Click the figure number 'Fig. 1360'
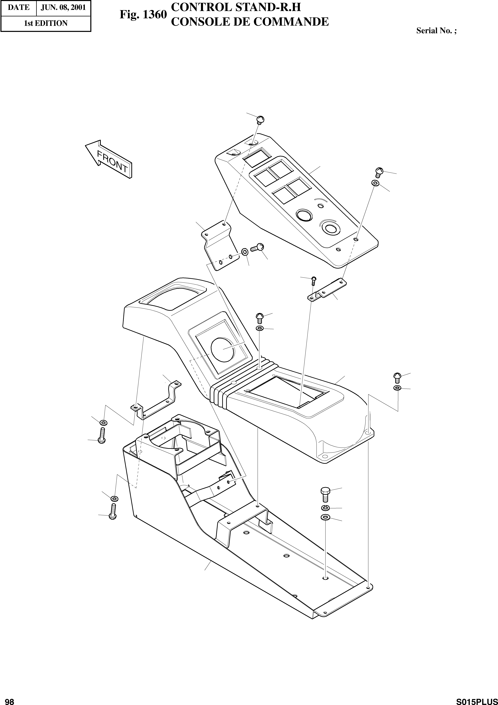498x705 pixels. pyautogui.click(x=143, y=14)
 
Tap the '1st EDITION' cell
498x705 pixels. pyautogui.click(x=46, y=23)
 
